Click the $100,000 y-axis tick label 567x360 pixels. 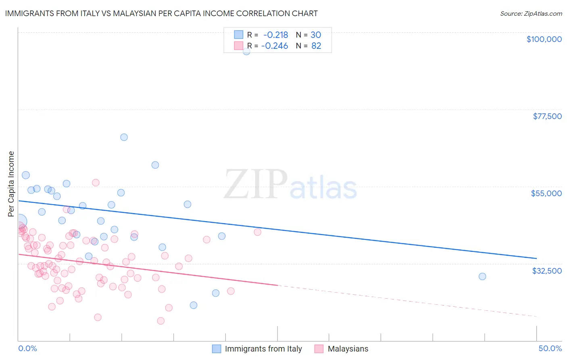[x=544, y=39]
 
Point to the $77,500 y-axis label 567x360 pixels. [x=547, y=116]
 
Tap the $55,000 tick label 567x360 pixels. [x=546, y=193]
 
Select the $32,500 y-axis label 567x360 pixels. [x=546, y=271]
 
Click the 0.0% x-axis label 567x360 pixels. [x=27, y=348]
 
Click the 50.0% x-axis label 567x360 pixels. [x=550, y=348]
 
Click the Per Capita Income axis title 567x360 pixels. [x=11, y=184]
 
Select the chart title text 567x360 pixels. [x=161, y=13]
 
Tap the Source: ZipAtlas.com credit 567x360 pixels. [x=531, y=13]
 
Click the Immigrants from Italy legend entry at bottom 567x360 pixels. [x=257, y=349]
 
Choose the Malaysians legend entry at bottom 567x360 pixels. [x=342, y=349]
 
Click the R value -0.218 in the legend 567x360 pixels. [x=275, y=35]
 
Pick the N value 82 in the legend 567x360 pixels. [x=316, y=46]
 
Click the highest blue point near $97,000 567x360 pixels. [x=246, y=51]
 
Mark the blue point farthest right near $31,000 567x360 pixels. [x=482, y=276]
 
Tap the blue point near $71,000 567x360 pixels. [x=124, y=137]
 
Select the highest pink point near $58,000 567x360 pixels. [x=96, y=182]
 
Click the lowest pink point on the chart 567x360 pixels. [x=161, y=321]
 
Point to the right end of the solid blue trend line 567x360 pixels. [x=536, y=258]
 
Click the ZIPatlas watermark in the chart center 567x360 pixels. [x=290, y=185]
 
